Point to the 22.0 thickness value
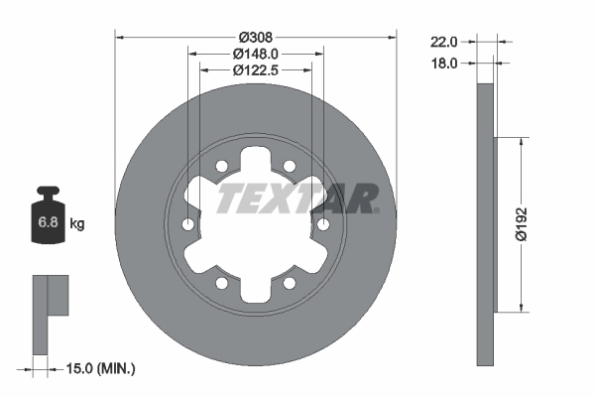443,42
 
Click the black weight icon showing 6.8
48,220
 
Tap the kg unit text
77,224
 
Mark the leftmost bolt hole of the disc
188,225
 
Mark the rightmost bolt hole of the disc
323,225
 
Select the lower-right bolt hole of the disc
290,283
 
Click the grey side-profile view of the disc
485,224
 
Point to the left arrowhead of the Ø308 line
121,38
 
